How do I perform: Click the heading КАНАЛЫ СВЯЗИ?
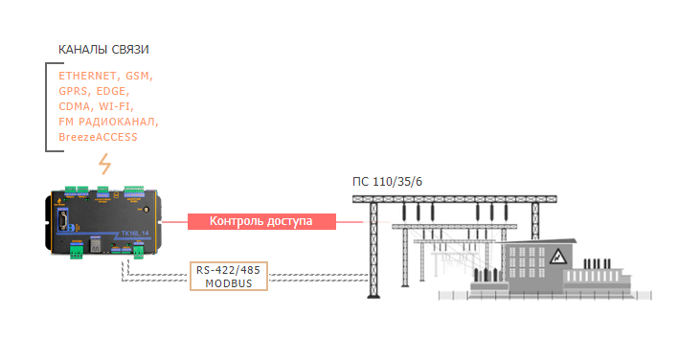pos(103,50)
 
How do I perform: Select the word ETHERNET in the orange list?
pos(87,76)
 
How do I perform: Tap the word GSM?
pos(138,76)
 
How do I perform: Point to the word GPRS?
pos(73,91)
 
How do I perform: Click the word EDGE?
pos(111,91)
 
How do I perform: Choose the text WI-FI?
pos(115,106)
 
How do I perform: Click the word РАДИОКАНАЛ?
pos(117,122)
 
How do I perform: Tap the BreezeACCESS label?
pos(98,137)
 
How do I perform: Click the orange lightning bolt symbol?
pos(105,164)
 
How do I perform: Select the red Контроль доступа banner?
pos(261,221)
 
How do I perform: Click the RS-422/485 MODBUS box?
pos(229,276)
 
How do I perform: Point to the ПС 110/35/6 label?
pos(387,182)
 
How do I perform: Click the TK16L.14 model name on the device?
pos(134,234)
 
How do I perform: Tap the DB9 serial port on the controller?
pos(63,219)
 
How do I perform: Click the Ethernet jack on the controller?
pos(95,245)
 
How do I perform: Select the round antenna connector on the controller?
pos(147,210)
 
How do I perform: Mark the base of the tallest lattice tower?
pos(373,296)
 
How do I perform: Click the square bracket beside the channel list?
pos(47,107)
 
